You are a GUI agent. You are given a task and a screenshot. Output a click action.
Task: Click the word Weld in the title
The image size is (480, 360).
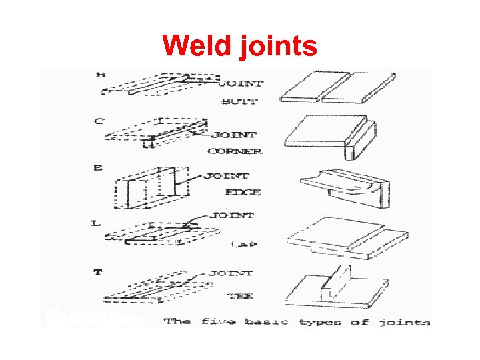[x=195, y=46]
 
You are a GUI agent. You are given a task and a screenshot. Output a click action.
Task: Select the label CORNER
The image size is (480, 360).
[x=235, y=151]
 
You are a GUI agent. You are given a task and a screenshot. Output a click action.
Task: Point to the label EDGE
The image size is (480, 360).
[x=243, y=193]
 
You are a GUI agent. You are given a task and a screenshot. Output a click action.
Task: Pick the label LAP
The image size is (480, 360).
[x=243, y=245]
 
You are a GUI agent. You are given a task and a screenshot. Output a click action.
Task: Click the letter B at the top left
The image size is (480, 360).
[x=101, y=75]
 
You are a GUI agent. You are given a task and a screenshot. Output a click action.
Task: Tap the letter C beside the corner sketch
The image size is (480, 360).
[x=99, y=121]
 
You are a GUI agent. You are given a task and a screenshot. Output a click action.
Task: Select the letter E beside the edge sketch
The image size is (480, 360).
[x=98, y=169]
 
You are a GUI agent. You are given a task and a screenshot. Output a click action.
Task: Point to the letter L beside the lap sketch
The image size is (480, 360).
[x=96, y=223]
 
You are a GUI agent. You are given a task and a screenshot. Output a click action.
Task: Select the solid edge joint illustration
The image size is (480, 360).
[x=343, y=183]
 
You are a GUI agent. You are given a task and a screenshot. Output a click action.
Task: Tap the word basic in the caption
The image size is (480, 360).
[x=267, y=322]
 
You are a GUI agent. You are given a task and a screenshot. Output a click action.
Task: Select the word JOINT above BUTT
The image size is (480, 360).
[x=241, y=84]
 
